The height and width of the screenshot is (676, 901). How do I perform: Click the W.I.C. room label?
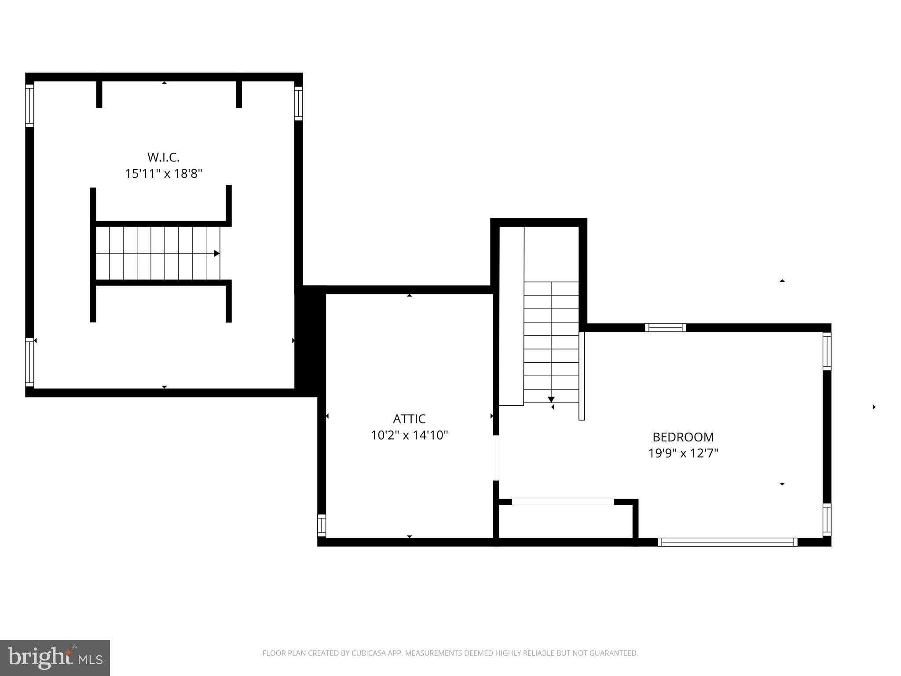(x=163, y=157)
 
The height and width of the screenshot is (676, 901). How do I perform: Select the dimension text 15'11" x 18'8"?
(x=163, y=174)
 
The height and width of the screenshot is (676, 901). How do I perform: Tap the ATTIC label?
(x=409, y=419)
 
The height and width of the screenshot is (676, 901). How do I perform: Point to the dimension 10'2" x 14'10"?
(x=409, y=435)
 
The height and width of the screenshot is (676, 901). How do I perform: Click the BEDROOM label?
(x=683, y=437)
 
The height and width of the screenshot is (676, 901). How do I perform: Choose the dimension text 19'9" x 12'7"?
(x=683, y=453)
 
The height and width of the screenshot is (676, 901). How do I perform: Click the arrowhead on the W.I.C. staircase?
(x=216, y=253)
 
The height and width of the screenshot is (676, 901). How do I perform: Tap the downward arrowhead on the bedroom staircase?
(x=551, y=399)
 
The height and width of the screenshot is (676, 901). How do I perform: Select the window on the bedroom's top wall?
(x=665, y=327)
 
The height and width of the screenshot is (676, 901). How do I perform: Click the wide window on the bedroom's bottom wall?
(x=727, y=542)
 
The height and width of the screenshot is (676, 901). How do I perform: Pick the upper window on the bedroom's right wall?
(x=827, y=351)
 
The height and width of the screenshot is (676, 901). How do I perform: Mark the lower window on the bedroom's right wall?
(x=827, y=520)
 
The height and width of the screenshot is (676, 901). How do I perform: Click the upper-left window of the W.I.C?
(x=29, y=106)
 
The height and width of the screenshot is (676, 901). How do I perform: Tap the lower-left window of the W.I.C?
(x=29, y=362)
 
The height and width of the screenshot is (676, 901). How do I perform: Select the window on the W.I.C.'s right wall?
(x=298, y=103)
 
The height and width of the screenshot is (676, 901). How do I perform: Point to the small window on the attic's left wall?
(x=322, y=525)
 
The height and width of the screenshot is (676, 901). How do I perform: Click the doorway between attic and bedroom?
(x=496, y=458)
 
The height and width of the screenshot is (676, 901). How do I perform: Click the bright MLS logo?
(x=55, y=658)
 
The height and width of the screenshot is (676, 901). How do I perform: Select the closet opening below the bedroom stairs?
(x=563, y=502)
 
